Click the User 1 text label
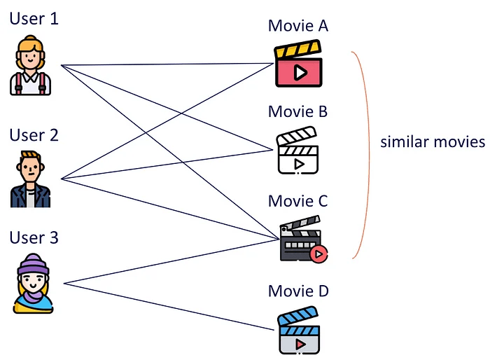[34, 18]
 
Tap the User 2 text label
[34, 134]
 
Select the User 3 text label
[34, 238]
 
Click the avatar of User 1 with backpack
[31, 67]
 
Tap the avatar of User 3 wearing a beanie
[32, 284]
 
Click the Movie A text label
[297, 26]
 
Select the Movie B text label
[297, 111]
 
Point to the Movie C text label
[297, 201]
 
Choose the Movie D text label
[297, 291]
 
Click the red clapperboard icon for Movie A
[298, 65]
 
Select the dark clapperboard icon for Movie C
[300, 242]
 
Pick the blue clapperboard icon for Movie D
[298, 333]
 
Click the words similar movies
[432, 142]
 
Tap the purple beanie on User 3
[32, 265]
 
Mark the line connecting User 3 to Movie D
[168, 307]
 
